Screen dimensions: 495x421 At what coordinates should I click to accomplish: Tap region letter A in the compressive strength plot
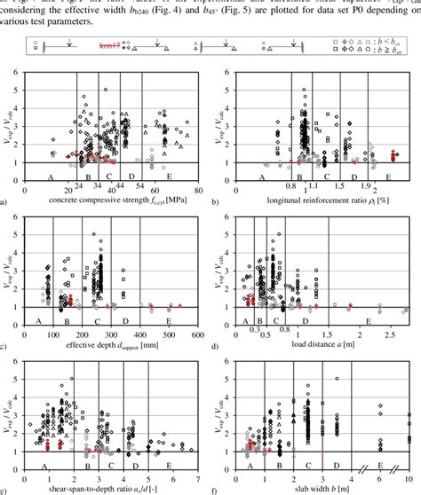pyautogui.click(x=49, y=177)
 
